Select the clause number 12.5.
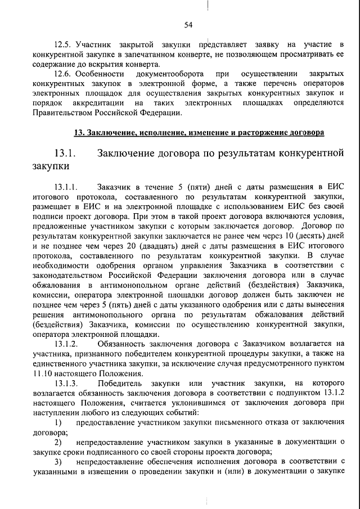(x=62, y=44)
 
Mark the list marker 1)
(x=58, y=422)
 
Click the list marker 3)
(x=58, y=462)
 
